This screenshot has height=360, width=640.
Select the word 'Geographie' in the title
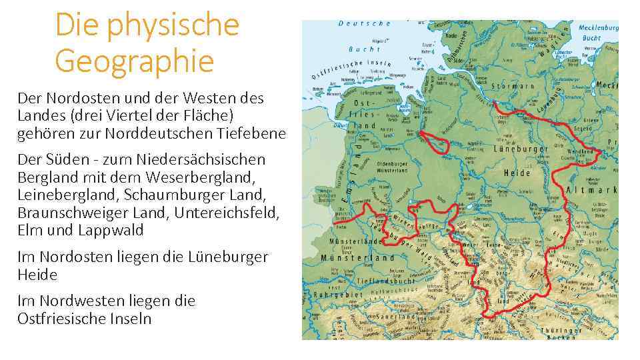point(134,61)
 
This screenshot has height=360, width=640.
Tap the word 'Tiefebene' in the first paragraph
point(251,133)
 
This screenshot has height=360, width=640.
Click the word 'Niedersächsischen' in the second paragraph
point(209,160)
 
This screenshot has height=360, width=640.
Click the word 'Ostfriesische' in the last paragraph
point(59,319)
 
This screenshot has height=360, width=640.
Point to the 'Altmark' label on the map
point(591,191)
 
